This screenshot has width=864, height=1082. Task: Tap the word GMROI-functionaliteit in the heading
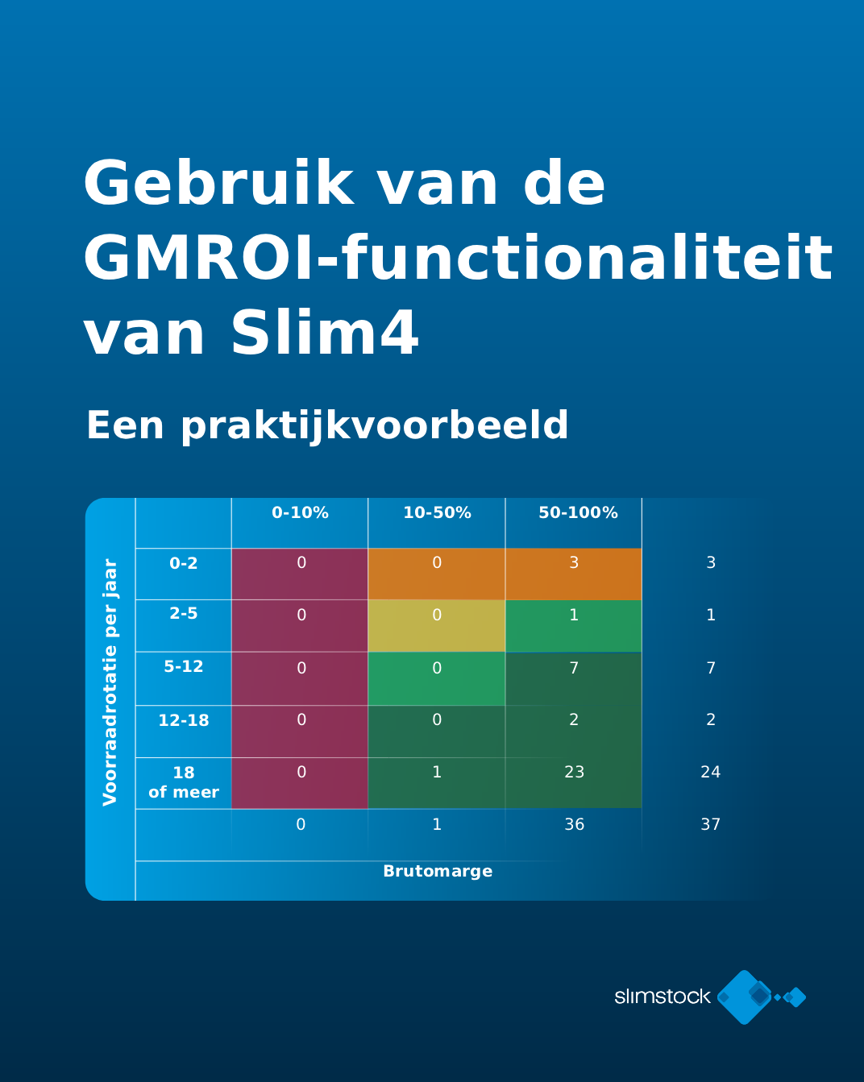click(458, 257)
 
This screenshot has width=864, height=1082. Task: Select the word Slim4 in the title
click(324, 332)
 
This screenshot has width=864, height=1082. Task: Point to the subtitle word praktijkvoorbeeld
click(375, 426)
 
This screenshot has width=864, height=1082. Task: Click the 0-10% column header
click(301, 512)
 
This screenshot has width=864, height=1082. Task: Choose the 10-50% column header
click(437, 512)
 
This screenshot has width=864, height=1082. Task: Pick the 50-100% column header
click(579, 512)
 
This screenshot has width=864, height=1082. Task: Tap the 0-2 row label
click(184, 562)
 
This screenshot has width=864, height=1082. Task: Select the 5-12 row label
click(184, 666)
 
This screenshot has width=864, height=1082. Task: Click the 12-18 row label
click(184, 720)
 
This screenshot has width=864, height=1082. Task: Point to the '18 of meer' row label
click(184, 781)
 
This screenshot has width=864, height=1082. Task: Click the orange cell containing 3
click(574, 574)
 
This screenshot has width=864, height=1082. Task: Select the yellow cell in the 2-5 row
click(437, 625)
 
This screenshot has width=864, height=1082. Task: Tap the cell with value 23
click(574, 783)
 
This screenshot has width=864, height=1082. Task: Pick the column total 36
click(575, 824)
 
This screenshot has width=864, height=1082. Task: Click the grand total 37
click(711, 824)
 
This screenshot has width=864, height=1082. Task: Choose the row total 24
click(711, 772)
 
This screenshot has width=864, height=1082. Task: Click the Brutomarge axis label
click(438, 871)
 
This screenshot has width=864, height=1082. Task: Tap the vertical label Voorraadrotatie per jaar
click(110, 682)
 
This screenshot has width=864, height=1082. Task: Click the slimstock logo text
click(663, 996)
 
